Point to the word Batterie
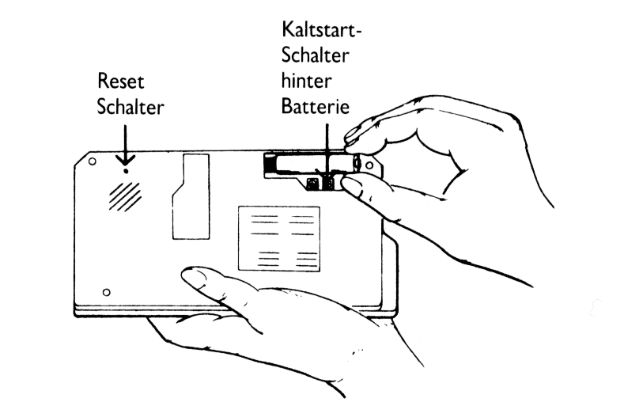point(316,105)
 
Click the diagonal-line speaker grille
point(125,195)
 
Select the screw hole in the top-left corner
point(93,161)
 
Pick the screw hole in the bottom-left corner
point(107,292)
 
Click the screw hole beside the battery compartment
point(369,165)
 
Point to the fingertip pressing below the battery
point(352,187)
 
